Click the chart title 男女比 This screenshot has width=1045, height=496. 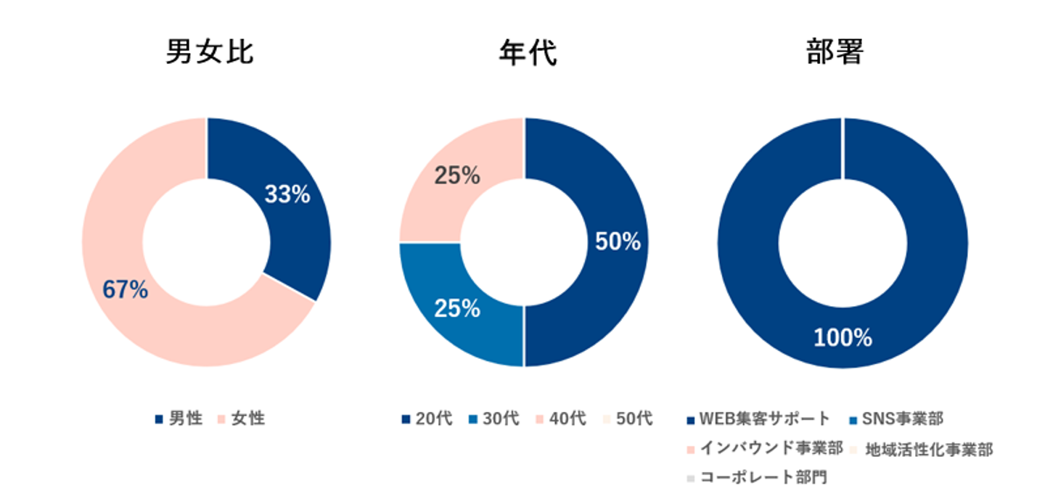(x=210, y=53)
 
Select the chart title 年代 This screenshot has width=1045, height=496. (x=528, y=53)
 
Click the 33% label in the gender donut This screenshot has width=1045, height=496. (x=287, y=194)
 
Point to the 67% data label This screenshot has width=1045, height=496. (x=125, y=290)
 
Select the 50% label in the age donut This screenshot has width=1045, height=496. (x=618, y=242)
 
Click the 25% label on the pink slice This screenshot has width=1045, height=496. (x=457, y=175)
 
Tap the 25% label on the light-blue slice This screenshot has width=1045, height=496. (x=457, y=309)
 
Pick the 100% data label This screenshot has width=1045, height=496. (x=842, y=338)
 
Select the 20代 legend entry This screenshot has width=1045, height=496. (x=434, y=419)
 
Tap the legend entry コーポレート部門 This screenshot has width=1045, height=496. (x=762, y=478)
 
